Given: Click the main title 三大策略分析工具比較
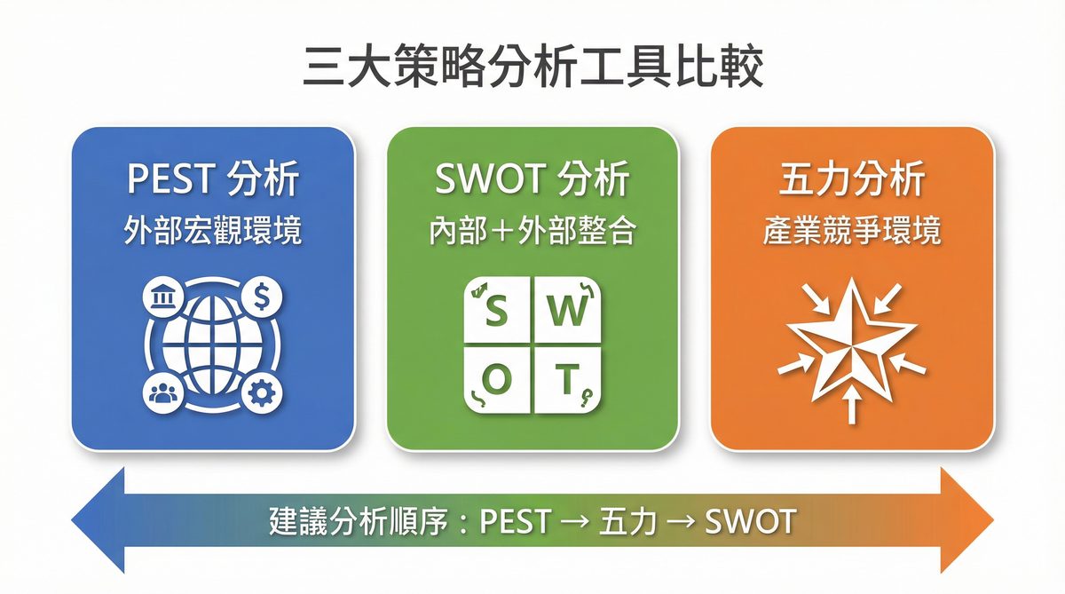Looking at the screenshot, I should point(532,67).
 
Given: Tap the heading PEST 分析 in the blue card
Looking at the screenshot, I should point(213,180).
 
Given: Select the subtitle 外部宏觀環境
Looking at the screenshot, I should point(213,232).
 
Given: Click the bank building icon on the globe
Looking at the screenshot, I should point(163,300).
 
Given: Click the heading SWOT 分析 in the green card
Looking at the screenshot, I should point(532,180).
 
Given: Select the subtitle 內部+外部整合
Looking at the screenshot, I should point(532,232).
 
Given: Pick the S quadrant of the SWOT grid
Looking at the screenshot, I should point(499,313).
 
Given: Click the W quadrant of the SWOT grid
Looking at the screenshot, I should point(566,313).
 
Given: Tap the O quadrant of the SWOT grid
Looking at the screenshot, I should point(499,380).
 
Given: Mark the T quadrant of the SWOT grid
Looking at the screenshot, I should point(566,380).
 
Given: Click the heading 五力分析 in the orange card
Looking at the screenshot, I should point(852,180).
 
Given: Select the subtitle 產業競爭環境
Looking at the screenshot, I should point(852,232).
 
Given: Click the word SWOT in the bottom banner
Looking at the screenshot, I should point(750,521).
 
